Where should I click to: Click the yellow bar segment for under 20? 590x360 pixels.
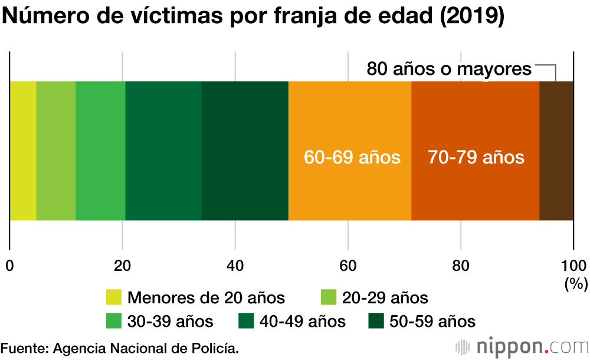23,150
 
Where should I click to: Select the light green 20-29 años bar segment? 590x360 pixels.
56,150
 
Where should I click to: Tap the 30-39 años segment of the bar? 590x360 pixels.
100,150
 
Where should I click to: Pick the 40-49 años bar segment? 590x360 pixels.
163,150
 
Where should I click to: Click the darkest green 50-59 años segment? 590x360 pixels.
245,150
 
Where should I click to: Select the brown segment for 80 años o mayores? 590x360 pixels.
556,150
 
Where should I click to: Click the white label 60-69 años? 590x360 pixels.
352,158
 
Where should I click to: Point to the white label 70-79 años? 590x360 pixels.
476,158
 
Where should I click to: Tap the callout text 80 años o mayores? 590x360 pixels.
449,69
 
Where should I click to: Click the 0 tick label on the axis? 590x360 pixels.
9,265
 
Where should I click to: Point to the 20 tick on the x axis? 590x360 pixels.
122,265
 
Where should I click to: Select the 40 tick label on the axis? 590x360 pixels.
235,265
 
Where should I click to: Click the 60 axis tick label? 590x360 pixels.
348,265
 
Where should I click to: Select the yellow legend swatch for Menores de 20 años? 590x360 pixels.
113,297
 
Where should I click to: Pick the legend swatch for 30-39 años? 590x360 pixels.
113,321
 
